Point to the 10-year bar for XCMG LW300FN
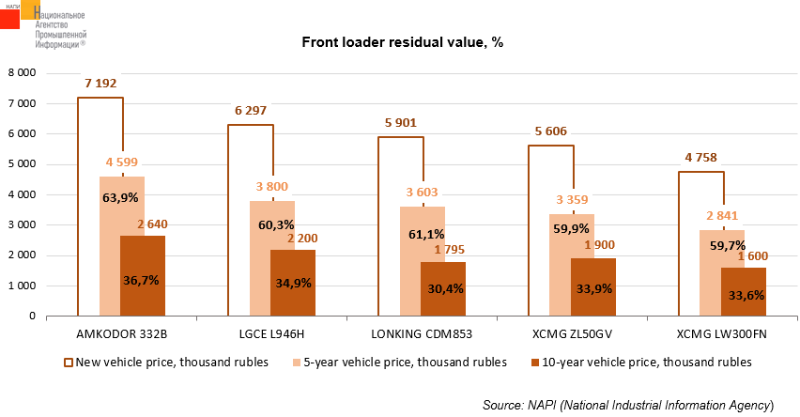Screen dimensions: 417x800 pos(744,293)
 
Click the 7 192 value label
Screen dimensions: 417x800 pos(100,84)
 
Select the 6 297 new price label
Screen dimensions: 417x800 pos(250,111)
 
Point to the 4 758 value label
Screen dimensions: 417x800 pos(700,158)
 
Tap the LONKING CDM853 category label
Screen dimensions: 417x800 pos(422,334)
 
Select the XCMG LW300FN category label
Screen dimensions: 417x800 pos(722,334)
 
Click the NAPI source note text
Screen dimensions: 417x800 pos(627,405)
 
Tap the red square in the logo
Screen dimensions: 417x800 pos(9,17)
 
